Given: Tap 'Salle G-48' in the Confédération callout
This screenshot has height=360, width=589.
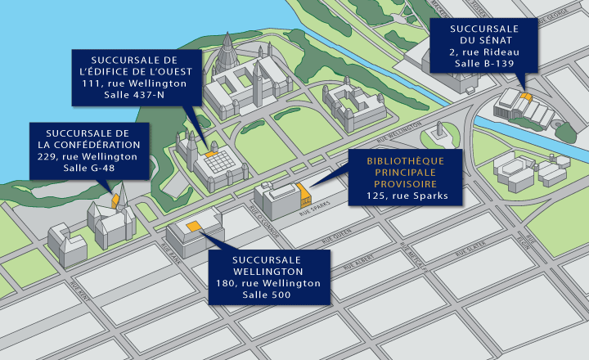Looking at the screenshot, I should [x=91, y=168].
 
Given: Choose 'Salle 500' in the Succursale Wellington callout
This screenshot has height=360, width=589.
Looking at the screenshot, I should [x=269, y=294].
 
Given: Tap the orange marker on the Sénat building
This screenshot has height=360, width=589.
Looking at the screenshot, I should [x=525, y=97].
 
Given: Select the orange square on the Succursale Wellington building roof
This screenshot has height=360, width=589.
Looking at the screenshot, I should [x=195, y=225].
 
